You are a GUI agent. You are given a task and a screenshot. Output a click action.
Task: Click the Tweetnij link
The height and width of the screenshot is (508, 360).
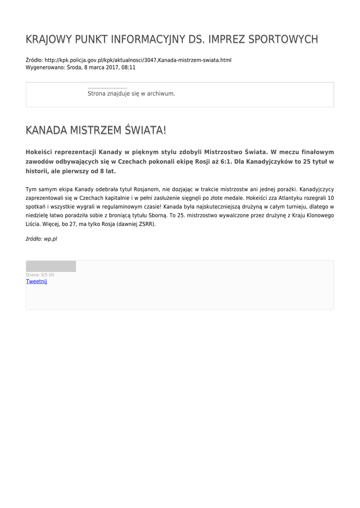point(36,281)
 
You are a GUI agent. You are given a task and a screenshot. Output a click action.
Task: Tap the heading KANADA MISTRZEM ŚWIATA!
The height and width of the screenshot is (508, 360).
point(96,130)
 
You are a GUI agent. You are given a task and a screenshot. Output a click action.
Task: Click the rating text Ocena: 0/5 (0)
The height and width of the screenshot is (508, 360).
point(40,275)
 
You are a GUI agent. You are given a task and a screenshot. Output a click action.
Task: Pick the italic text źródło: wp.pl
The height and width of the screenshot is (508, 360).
point(41,239)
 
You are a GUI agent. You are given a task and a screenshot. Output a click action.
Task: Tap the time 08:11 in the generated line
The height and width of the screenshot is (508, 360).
point(128,67)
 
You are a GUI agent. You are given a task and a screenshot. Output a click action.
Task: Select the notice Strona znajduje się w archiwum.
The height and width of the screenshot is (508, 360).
point(131,93)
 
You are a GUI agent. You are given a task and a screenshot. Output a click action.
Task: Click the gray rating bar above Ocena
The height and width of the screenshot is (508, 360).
point(51,266)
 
